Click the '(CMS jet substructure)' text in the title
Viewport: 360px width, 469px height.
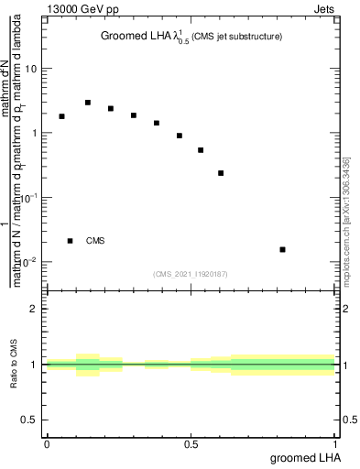tap(237, 37)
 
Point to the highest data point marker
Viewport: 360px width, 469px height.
tap(88, 103)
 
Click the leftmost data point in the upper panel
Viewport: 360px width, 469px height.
tap(61, 116)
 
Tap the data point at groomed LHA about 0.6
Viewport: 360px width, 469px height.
tap(221, 173)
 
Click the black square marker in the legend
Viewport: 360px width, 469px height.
tap(71, 241)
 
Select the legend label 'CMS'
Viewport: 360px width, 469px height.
tap(95, 241)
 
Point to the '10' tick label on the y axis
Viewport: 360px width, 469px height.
tap(31, 69)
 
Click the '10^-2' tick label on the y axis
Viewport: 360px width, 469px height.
tap(27, 262)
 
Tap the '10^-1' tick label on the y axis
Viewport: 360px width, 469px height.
tap(27, 197)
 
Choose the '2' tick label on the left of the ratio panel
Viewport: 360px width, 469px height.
tap(34, 309)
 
